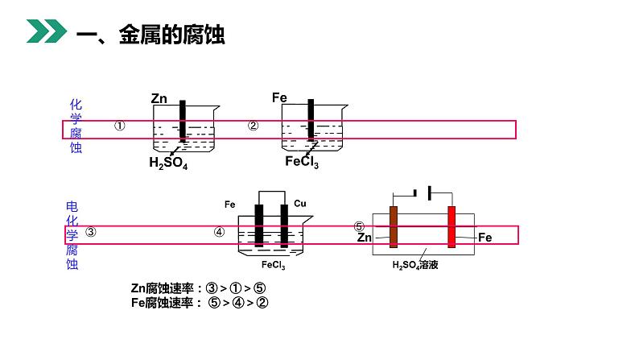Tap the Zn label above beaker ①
(159, 99)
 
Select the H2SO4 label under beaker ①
(167, 163)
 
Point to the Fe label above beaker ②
(279, 98)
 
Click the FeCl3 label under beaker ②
(302, 163)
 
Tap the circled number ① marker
(119, 126)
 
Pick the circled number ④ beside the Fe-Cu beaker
(220, 232)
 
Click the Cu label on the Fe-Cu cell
(300, 204)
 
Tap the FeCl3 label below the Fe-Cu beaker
(274, 264)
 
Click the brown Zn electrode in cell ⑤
(394, 226)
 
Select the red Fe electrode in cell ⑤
(451, 226)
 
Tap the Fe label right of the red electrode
(484, 238)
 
